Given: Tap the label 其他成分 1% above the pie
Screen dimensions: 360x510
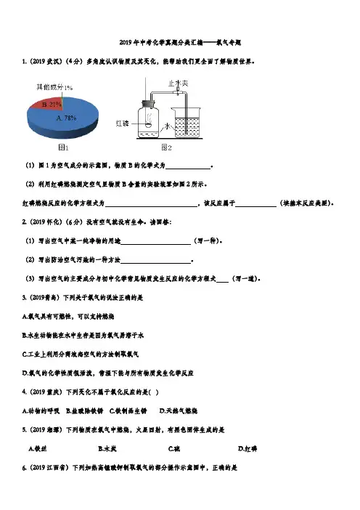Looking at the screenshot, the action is (x=54, y=87).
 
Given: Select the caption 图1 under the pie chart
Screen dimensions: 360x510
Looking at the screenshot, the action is (x=63, y=147).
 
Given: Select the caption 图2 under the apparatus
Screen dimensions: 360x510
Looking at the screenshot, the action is (x=166, y=147).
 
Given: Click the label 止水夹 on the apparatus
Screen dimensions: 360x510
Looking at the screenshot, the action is (x=178, y=84).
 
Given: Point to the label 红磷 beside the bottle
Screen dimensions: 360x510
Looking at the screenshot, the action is (x=122, y=124).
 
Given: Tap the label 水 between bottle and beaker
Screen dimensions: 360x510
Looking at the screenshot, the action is (x=168, y=126).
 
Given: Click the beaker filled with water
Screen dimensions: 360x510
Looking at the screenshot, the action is (x=187, y=123).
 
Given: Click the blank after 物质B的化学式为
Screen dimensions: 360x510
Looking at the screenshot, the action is (x=188, y=167).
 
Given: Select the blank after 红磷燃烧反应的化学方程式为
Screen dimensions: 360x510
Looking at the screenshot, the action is (x=151, y=205).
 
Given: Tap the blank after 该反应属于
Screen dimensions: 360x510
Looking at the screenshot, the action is (x=256, y=205).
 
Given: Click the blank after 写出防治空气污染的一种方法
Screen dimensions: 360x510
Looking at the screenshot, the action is (x=155, y=262).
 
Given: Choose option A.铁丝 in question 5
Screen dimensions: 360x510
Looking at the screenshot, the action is (x=38, y=449).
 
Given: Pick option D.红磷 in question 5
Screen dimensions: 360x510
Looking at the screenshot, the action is (x=247, y=449).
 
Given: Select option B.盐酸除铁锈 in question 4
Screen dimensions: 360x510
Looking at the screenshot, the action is (x=84, y=411).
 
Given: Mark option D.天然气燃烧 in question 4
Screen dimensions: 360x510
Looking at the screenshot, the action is (x=179, y=411).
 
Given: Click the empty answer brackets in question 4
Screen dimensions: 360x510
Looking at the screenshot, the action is (x=154, y=392).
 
